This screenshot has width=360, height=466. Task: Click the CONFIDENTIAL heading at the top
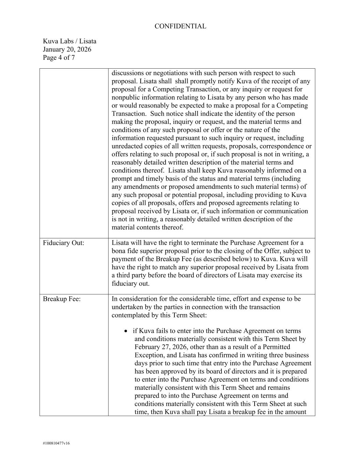point(180,26)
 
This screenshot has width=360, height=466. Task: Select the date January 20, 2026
point(67,50)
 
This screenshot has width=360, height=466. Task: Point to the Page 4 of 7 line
point(59,58)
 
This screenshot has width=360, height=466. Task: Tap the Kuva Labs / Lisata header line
point(70,41)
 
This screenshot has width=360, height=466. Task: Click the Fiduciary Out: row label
point(63,243)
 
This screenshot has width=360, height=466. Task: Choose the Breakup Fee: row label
point(62,299)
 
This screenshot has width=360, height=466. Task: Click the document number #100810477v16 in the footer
point(56,443)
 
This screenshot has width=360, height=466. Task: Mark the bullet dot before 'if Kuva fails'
point(127,331)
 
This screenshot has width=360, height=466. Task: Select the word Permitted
point(283,347)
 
